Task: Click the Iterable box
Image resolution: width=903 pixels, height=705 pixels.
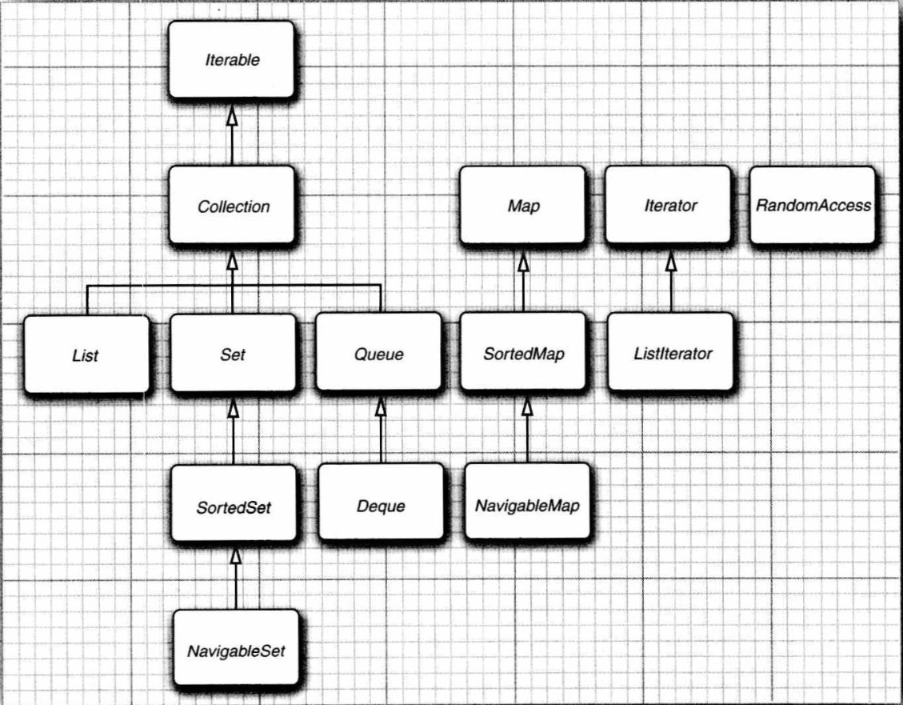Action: tap(231, 59)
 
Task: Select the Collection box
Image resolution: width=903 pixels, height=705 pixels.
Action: tap(232, 206)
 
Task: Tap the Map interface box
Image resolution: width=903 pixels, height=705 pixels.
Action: tap(523, 205)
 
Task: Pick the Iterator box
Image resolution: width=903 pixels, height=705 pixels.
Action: tap(669, 205)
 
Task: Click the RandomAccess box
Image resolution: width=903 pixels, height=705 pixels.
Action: tap(813, 205)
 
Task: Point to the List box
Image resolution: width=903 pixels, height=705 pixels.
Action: tap(86, 355)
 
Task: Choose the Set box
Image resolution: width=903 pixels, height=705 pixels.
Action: tap(234, 353)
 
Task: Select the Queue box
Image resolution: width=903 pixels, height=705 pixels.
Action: tap(379, 352)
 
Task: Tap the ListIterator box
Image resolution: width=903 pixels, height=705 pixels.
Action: tap(671, 352)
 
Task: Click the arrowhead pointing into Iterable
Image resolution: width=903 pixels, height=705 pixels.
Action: tap(232, 114)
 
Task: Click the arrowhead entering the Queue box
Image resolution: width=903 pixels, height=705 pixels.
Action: tap(380, 407)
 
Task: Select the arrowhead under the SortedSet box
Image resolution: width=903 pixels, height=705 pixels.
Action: tap(235, 555)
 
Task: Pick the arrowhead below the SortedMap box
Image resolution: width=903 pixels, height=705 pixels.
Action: tap(527, 406)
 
